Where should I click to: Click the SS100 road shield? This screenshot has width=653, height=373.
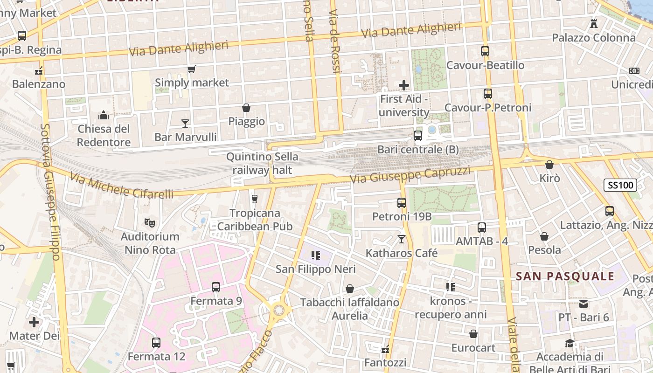click(620, 185)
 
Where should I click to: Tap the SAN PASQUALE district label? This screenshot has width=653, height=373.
click(565, 276)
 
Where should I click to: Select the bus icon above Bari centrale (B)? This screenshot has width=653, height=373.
click(418, 136)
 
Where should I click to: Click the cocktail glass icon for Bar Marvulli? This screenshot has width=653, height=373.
click(185, 123)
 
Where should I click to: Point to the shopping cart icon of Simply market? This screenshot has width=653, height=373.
click(191, 69)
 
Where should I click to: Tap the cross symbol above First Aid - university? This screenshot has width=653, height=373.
click(404, 85)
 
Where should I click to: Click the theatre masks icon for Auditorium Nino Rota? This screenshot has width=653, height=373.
click(149, 222)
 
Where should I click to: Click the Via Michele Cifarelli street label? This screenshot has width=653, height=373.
click(122, 185)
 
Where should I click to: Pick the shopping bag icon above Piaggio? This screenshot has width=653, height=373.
click(246, 108)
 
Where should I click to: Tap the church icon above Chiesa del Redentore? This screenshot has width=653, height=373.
click(104, 115)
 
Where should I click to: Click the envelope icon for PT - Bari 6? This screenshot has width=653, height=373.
click(584, 304)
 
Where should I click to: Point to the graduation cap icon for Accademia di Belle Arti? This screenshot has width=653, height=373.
click(570, 344)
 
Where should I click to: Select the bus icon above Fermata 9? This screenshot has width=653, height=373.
click(216, 287)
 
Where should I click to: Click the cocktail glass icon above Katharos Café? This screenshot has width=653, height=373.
click(401, 239)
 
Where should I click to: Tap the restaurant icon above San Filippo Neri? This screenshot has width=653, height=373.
click(316, 256)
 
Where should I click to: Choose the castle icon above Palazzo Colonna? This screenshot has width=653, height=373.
click(594, 23)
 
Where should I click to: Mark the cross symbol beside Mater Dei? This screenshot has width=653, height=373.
click(34, 322)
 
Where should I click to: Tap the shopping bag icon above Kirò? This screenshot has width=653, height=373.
click(549, 165)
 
